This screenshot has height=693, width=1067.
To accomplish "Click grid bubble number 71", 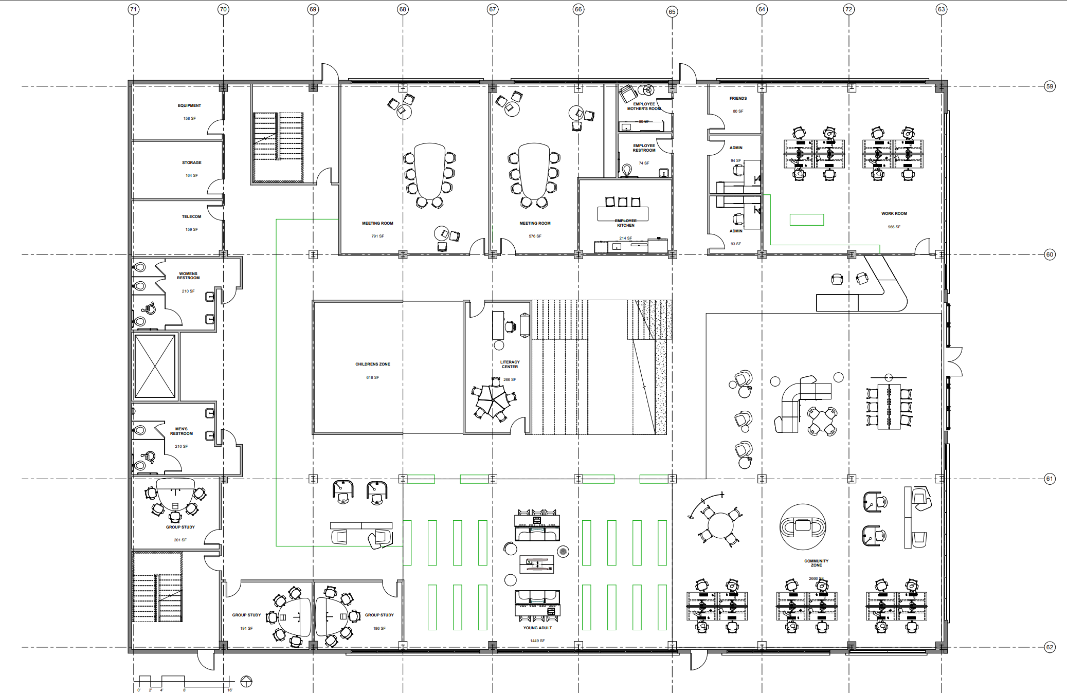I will (134, 9).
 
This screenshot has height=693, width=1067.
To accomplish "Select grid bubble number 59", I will (1050, 86).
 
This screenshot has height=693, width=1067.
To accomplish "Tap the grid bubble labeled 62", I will (1050, 647).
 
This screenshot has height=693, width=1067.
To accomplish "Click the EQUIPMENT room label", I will (189, 105).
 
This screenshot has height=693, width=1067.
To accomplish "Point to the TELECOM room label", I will (191, 216).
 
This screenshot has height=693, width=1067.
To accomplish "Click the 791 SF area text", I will (377, 236).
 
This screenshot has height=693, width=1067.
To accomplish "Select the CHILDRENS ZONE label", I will (372, 364).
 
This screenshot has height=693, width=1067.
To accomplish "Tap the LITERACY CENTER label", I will (510, 364).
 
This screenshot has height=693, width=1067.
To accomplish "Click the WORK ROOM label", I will (894, 213).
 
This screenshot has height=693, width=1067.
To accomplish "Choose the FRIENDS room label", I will (738, 98).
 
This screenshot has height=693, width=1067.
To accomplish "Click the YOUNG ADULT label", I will (537, 628).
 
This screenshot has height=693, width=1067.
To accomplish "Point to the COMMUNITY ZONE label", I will (816, 563).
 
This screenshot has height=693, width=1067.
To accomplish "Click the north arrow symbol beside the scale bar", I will (246, 682).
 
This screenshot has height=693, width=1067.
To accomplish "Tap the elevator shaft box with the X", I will (155, 366).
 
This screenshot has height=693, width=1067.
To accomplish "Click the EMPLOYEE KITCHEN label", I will (625, 223).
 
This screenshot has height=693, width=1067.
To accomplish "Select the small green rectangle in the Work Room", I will (806, 220).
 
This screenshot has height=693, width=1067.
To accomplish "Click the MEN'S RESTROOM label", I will (181, 431).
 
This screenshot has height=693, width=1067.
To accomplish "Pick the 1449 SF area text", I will (537, 641).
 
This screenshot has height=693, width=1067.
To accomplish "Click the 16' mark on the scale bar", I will (230, 690).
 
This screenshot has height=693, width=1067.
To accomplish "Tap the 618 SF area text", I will (372, 377).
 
